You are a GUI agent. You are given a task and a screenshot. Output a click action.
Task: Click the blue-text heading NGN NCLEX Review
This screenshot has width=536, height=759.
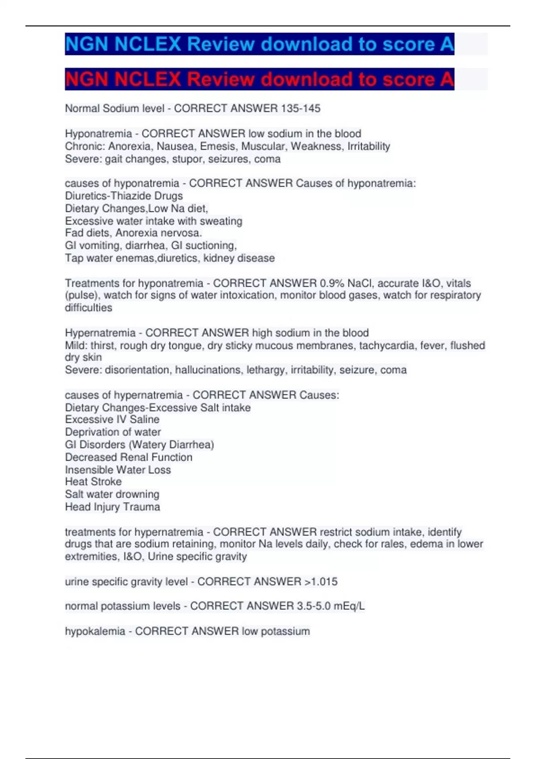point(259,44)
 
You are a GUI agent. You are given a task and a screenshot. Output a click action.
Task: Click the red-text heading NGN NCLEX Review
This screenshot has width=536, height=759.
point(259,79)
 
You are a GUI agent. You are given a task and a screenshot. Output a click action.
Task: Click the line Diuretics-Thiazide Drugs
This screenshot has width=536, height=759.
point(124,196)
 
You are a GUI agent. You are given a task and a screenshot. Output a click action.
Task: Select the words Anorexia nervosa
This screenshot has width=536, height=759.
point(159,233)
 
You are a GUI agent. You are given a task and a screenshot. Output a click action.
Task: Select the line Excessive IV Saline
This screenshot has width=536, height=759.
point(112,420)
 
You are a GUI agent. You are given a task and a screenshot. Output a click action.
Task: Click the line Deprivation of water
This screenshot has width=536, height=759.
point(113,432)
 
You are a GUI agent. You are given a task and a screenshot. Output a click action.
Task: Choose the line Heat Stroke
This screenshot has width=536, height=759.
point(93,482)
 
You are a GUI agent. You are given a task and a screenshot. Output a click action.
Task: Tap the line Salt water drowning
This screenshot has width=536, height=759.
point(112,494)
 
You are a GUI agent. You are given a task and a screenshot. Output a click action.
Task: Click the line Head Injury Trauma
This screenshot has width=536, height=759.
point(113,507)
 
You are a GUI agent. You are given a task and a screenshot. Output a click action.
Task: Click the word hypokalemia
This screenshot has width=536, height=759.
point(95,631)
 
